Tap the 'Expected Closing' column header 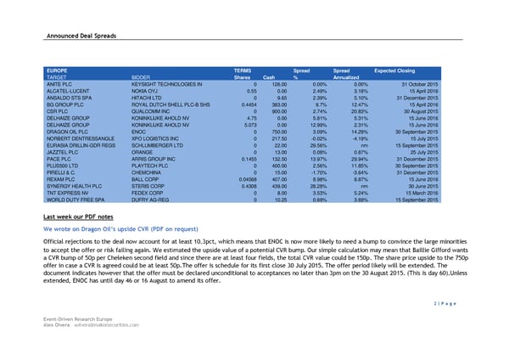pos(394,69)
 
